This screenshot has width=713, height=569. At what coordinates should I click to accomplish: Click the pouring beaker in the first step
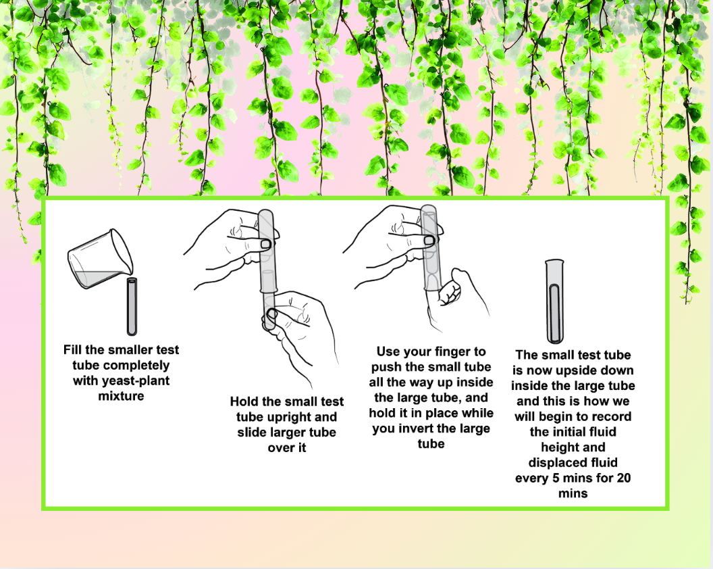pos(101,259)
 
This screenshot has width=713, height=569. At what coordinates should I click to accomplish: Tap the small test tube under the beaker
pos(132,306)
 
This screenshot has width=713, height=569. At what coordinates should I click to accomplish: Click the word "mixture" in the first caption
pos(121,396)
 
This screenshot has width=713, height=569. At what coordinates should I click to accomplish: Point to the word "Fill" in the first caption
pos(72,349)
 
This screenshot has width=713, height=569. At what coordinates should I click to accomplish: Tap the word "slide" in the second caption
pos(253,432)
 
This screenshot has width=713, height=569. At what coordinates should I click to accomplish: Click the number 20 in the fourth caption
pos(623,478)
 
